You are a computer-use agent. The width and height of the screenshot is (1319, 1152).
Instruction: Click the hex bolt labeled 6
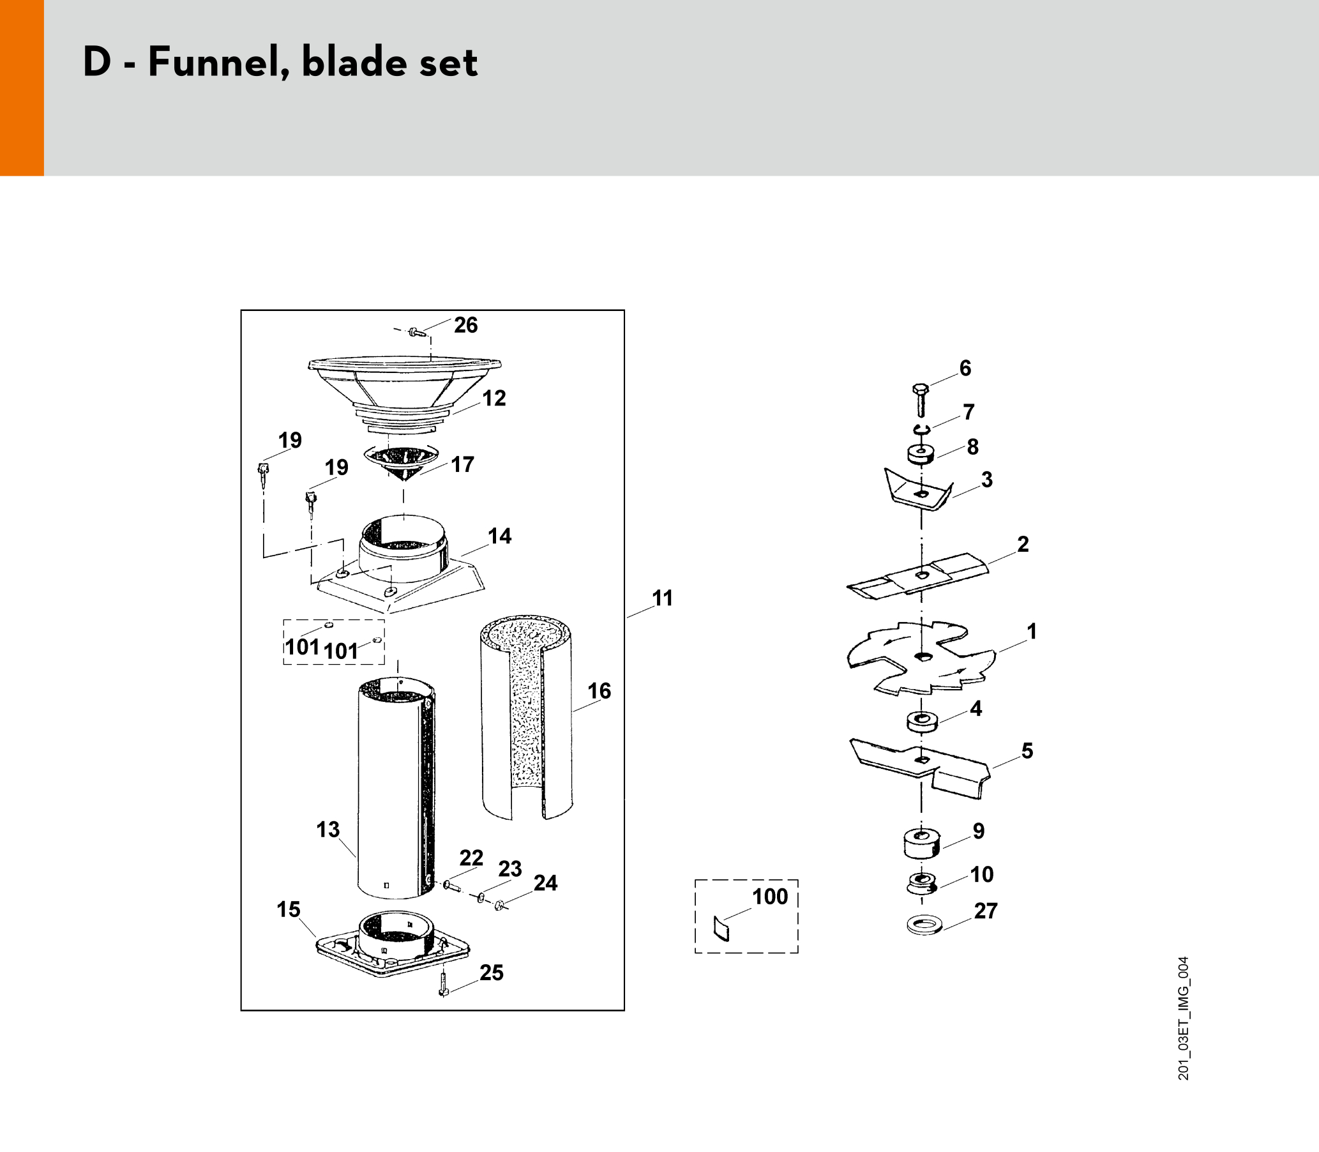coord(921,399)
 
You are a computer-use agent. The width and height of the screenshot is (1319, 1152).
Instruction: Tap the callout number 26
coord(466,325)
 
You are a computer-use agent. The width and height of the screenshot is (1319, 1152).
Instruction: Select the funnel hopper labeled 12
coord(404,395)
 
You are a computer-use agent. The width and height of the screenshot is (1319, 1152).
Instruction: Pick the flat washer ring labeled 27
coord(924,927)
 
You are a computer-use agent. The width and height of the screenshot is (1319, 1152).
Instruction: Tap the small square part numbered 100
coord(722,928)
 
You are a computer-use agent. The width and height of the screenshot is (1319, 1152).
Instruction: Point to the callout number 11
coord(663,598)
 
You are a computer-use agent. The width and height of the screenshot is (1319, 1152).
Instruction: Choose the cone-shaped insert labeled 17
coord(402,461)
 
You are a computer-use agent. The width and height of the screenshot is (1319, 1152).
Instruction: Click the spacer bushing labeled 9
coord(922,844)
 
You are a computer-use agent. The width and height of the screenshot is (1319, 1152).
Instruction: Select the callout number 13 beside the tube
coord(328,830)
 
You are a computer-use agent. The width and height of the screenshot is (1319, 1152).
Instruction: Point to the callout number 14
coord(499,536)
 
